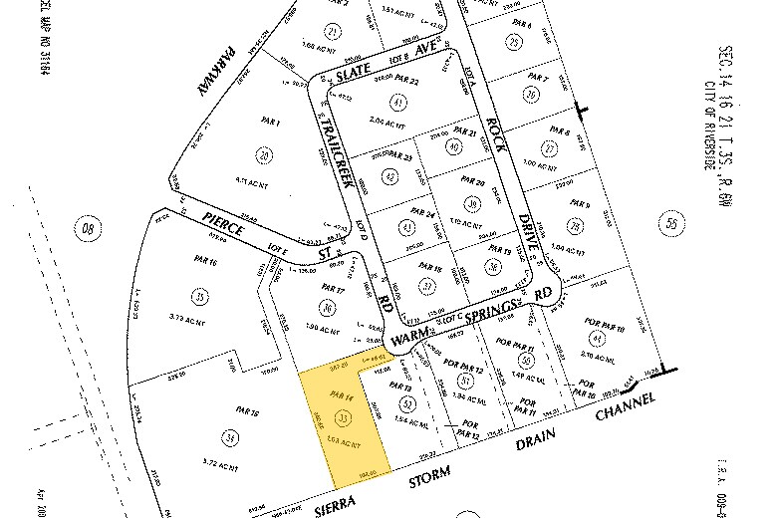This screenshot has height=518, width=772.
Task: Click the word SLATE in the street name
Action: [x=352, y=70]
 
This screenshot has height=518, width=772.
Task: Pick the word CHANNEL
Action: [x=622, y=407]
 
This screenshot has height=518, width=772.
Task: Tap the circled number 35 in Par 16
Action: [x=202, y=297]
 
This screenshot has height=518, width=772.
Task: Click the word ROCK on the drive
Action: [x=494, y=133]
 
